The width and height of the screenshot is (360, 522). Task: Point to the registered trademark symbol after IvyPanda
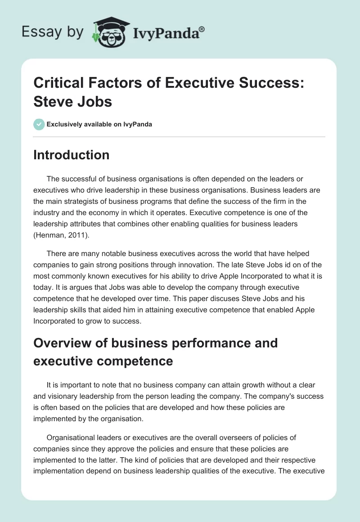pyautogui.click(x=202, y=29)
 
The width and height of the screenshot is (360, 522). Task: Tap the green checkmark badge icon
pyautogui.click(x=39, y=124)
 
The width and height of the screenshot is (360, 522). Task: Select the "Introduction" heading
pyautogui.click(x=72, y=155)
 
